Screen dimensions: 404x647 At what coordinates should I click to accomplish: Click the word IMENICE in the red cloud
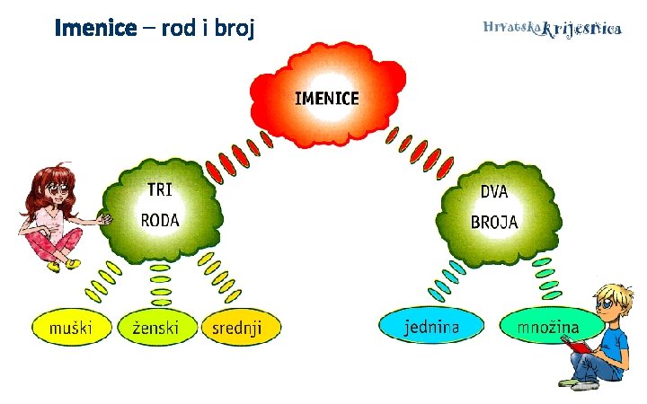(x=326, y=98)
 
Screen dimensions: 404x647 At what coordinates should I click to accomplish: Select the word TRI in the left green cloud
(x=159, y=189)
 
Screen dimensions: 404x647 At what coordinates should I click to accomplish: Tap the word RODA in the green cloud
(x=160, y=220)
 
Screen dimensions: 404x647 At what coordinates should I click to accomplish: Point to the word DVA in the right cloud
(x=494, y=191)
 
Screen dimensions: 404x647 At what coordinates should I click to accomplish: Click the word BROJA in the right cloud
(x=494, y=222)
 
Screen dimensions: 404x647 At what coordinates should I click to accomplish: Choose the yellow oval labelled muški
(x=71, y=328)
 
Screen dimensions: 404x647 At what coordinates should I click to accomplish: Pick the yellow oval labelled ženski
(x=155, y=328)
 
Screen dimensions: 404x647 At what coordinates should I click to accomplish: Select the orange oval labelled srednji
(x=240, y=328)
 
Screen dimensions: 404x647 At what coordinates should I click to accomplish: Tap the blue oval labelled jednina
(x=431, y=327)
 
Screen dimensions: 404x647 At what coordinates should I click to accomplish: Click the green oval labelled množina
(x=547, y=327)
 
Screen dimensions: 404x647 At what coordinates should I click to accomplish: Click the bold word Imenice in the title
(x=93, y=29)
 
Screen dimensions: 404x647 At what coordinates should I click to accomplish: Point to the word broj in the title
(x=233, y=30)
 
